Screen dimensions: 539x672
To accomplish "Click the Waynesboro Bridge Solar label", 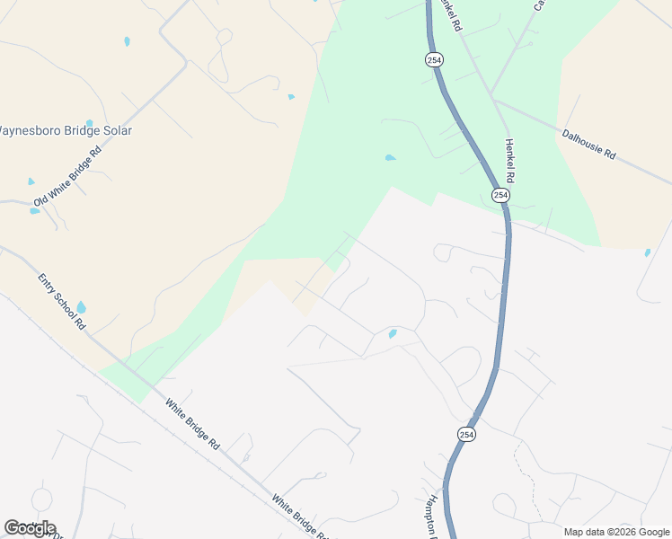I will click(65, 130).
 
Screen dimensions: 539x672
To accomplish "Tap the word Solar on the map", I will click(117, 130).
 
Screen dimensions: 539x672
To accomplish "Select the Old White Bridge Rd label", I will click(68, 174).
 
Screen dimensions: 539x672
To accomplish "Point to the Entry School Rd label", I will click(61, 301).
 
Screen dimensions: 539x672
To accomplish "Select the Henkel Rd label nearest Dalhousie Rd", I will click(513, 157).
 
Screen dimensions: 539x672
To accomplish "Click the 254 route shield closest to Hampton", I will click(466, 434).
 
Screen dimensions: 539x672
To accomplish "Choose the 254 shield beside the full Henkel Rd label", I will click(500, 195).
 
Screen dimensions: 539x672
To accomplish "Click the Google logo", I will click(30, 528).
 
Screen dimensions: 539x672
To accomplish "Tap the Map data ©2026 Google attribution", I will click(615, 532).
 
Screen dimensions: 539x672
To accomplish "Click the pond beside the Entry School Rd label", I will click(82, 308).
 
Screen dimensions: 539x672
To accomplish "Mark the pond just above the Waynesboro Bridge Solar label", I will click(89, 123).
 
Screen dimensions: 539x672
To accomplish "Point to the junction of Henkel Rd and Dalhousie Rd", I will click(493, 100).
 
